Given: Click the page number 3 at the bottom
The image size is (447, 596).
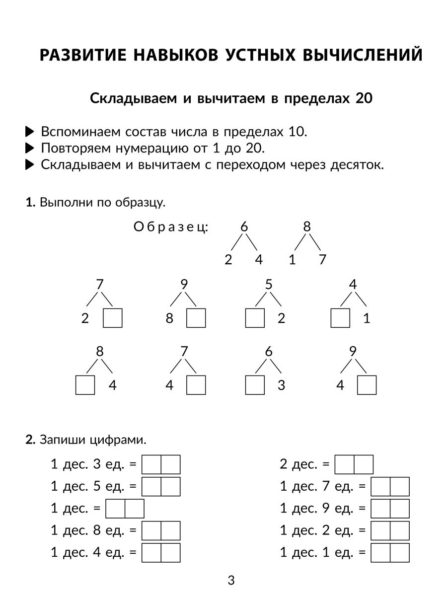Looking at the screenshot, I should click(x=230, y=580).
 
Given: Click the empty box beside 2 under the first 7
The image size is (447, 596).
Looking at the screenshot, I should click(x=112, y=318).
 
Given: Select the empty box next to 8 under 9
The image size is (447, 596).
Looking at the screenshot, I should click(x=196, y=318).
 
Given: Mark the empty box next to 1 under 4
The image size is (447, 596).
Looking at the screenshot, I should click(x=340, y=318).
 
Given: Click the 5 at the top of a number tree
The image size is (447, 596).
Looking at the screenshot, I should click(x=269, y=285).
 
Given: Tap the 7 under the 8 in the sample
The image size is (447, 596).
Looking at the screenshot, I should click(x=322, y=259).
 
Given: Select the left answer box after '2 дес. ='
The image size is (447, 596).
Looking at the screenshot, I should click(x=345, y=465).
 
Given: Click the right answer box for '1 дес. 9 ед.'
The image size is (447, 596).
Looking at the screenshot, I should click(x=400, y=509).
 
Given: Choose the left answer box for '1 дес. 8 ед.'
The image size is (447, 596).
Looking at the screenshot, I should click(x=151, y=530).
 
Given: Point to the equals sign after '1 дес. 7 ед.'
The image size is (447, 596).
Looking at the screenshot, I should click(x=362, y=487).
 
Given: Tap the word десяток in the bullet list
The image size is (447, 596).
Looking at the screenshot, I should click(x=357, y=164).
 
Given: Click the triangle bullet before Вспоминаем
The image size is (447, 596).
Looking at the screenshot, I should click(x=30, y=132).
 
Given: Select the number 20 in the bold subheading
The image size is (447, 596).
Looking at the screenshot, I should click(x=364, y=98).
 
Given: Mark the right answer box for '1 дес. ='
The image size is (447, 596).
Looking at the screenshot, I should click(x=135, y=509).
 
